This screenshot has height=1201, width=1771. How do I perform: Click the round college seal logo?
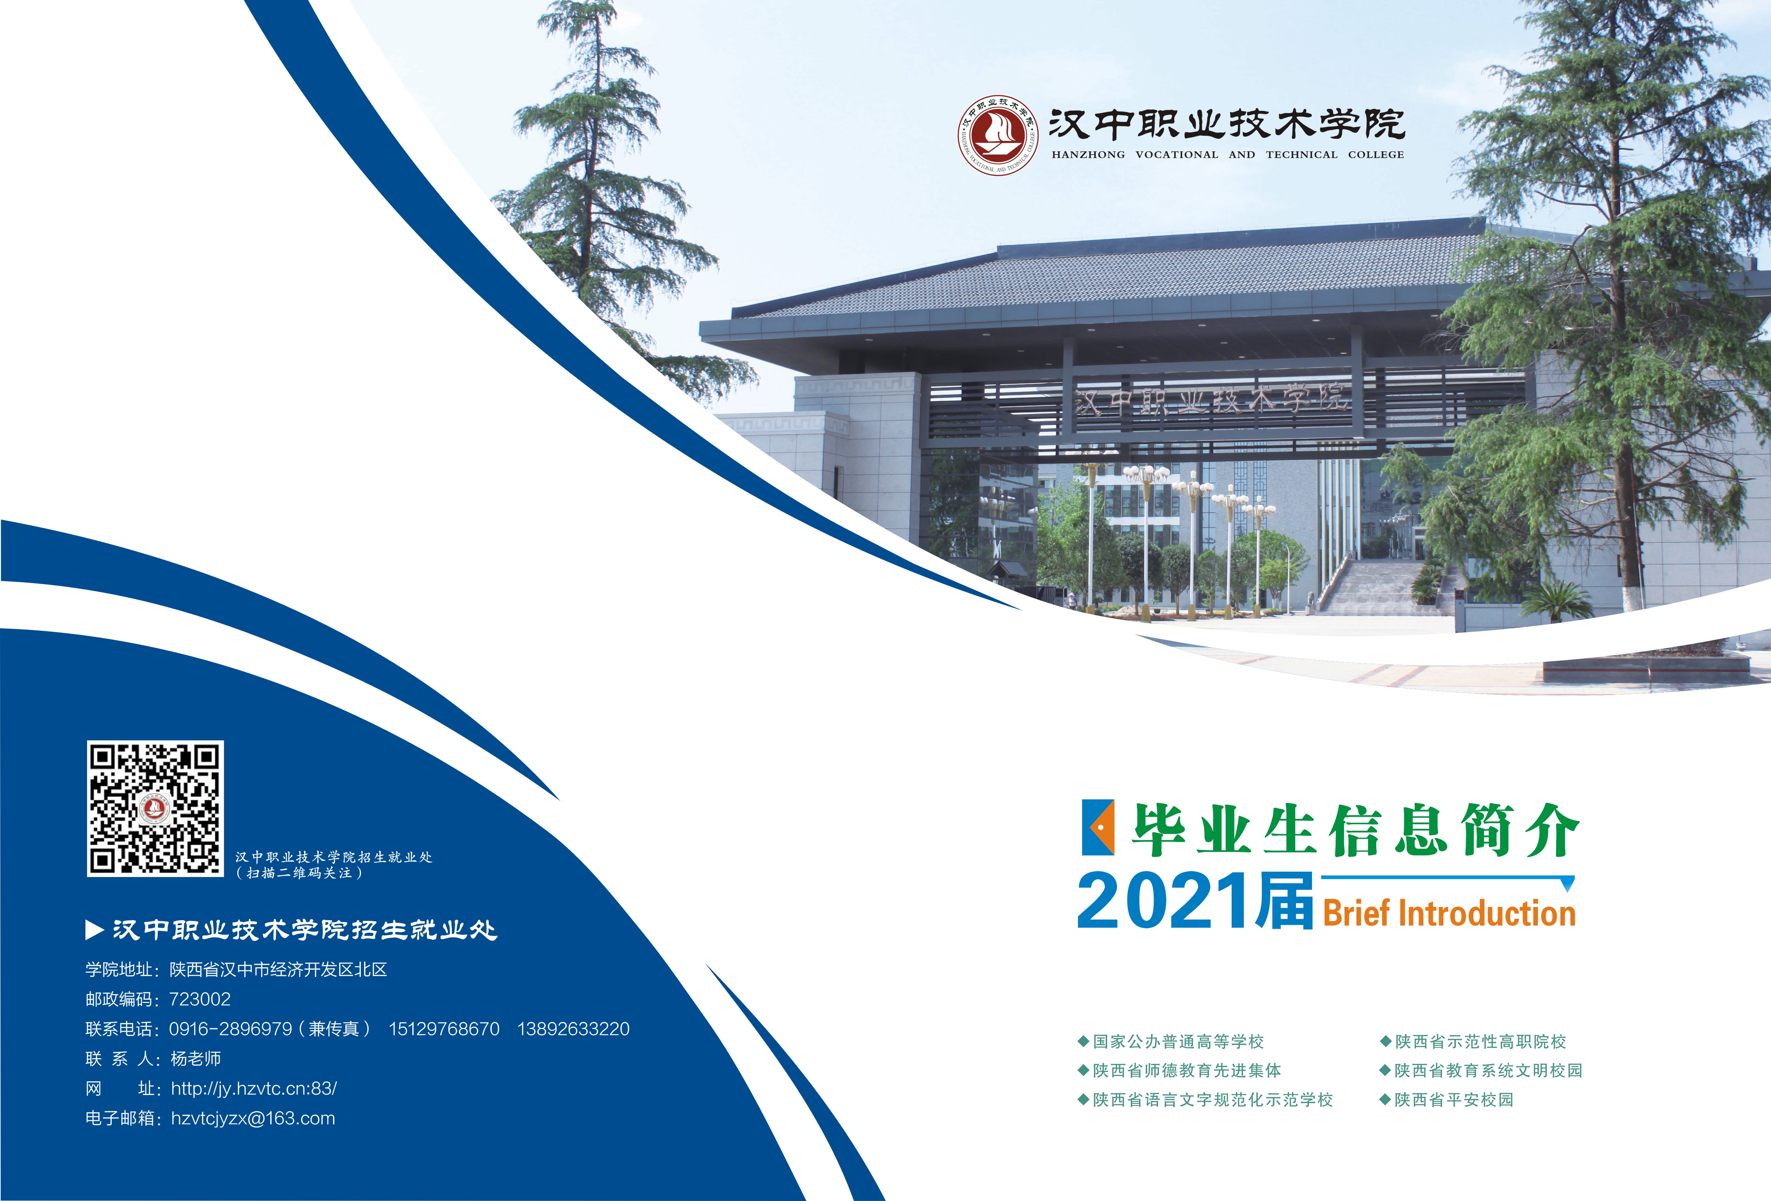point(998,136)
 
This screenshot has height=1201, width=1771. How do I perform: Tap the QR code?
point(156,809)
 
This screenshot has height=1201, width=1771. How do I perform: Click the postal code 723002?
point(200,999)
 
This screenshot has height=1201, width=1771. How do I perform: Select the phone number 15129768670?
point(444,1029)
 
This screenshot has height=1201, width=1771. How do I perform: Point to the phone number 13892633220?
point(574,1029)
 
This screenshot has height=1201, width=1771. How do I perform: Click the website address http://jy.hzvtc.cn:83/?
point(254,1088)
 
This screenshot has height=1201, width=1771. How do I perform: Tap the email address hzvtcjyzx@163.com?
point(253,1118)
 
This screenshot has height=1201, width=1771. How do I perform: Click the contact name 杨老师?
point(196,1059)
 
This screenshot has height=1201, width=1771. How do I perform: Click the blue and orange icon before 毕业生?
point(1098,827)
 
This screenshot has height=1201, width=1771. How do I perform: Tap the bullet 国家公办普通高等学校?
point(1171,1041)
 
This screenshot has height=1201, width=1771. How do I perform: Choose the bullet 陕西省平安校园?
point(1446,1100)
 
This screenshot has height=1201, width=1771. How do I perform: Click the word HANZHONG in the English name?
point(1088,155)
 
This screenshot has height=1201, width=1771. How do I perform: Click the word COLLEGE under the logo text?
point(1376,155)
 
